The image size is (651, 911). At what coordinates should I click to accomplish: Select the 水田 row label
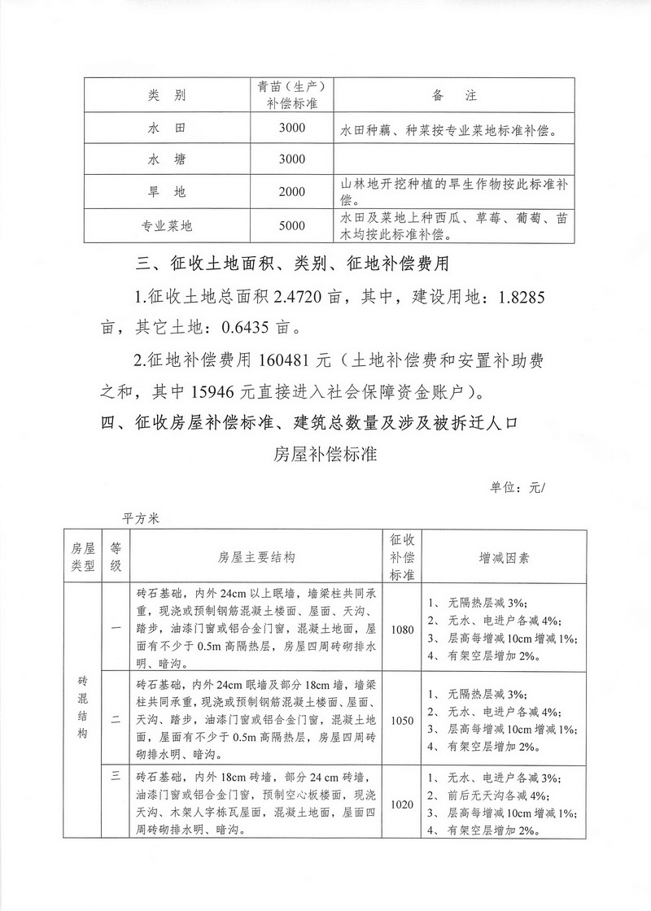point(167,129)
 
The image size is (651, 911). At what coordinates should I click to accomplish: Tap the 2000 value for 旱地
point(291,192)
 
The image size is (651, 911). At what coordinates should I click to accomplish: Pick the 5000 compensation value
point(291,225)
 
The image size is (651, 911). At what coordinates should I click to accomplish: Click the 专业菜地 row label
point(167,225)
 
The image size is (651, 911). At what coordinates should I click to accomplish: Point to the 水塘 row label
point(167,159)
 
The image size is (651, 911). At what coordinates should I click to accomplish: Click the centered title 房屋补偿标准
point(325,454)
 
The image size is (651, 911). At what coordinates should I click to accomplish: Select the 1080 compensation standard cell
point(402,629)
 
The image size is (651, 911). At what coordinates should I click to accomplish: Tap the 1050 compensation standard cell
point(402,720)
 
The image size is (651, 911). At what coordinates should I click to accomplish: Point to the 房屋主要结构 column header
point(256,558)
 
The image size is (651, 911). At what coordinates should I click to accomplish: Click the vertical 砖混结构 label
point(83,706)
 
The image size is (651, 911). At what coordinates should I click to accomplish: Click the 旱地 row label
point(167,192)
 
